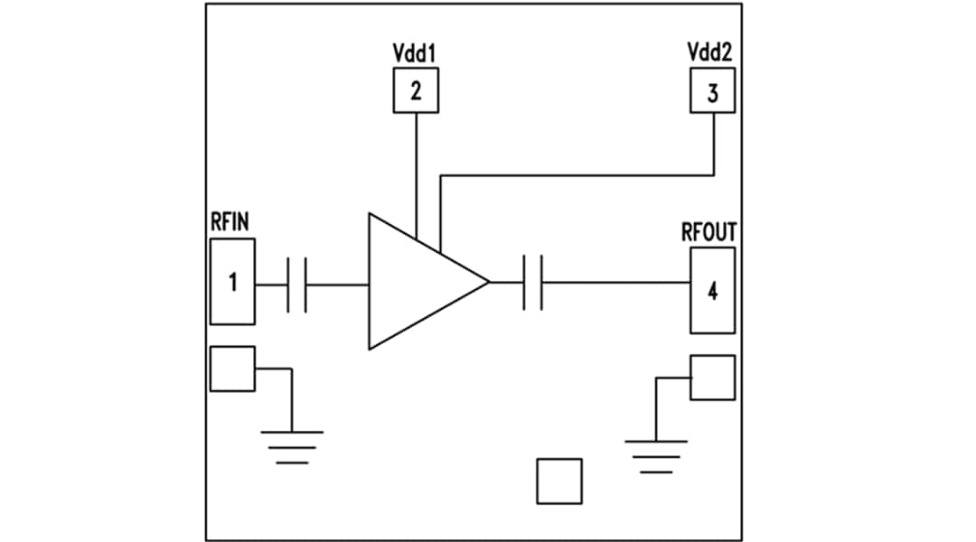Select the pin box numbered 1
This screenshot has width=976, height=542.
point(232,282)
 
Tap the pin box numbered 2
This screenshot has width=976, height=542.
point(415,90)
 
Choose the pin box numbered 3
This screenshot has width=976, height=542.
point(712,92)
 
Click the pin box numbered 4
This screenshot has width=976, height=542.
point(712,291)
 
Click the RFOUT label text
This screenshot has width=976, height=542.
point(709,232)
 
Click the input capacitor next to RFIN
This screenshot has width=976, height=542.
point(297,285)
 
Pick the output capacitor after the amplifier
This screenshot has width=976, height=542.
point(532,283)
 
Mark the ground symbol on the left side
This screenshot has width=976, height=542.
point(291,446)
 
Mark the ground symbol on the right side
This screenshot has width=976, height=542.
point(655,455)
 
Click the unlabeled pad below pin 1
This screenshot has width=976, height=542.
point(232,369)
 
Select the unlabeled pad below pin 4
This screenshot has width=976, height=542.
point(712,378)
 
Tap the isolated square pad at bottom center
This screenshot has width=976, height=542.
point(558,481)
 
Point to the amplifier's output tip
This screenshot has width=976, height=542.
point(487,283)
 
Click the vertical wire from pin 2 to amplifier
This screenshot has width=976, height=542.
point(416,172)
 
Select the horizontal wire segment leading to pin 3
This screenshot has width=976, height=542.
point(578,175)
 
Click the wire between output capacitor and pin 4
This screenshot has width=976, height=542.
point(615,283)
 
